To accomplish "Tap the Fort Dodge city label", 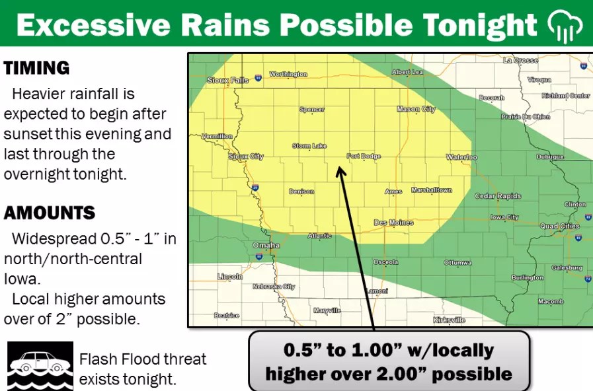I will click(x=363, y=157).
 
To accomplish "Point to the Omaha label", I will click(x=266, y=246).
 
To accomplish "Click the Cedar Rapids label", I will click(x=498, y=196).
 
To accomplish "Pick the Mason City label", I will click(x=416, y=110).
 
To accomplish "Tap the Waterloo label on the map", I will click(x=461, y=158).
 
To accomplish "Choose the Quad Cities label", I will click(x=560, y=226).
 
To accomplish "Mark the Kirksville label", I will click(x=449, y=320).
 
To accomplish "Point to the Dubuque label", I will click(x=549, y=157).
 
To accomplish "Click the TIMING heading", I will click(x=36, y=68).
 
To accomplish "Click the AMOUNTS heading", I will click(x=50, y=213).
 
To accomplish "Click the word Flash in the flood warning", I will click(x=97, y=359).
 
